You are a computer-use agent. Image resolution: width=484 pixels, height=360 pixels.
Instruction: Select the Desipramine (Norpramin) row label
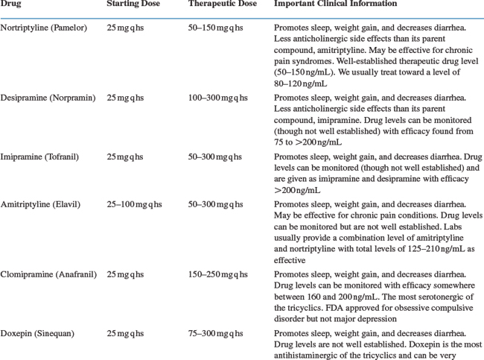[49, 98]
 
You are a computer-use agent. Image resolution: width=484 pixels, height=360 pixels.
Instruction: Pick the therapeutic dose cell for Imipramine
[217, 157]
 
